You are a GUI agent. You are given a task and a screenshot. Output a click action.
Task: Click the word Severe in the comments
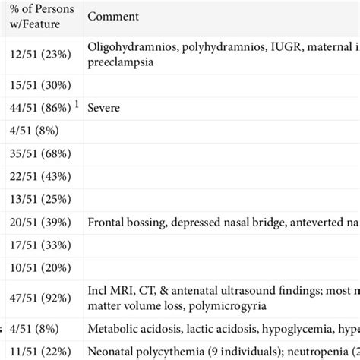click(104, 108)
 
